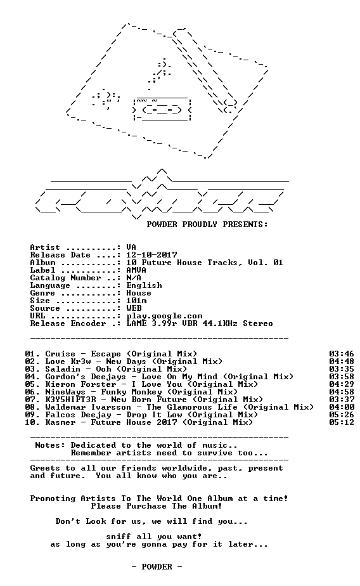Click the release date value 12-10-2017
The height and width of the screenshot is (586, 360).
point(151,255)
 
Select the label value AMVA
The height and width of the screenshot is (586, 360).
point(136,270)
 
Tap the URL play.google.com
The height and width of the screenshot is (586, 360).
point(164,316)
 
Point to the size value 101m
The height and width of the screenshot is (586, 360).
point(136,301)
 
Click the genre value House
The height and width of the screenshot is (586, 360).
point(139,293)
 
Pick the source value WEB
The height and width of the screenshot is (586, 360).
point(134,308)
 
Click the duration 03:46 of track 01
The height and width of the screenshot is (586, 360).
point(342,354)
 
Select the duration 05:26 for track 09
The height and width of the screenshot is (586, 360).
point(342,415)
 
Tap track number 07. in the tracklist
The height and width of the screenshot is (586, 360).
point(32,400)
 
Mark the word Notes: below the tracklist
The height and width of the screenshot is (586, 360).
point(50,445)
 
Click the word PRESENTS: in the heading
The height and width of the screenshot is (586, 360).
point(245,225)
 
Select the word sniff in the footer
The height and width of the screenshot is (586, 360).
point(119,537)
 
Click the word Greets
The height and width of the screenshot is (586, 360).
point(45,468)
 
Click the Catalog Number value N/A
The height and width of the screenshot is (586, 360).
point(134,278)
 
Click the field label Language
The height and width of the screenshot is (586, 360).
point(50,286)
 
